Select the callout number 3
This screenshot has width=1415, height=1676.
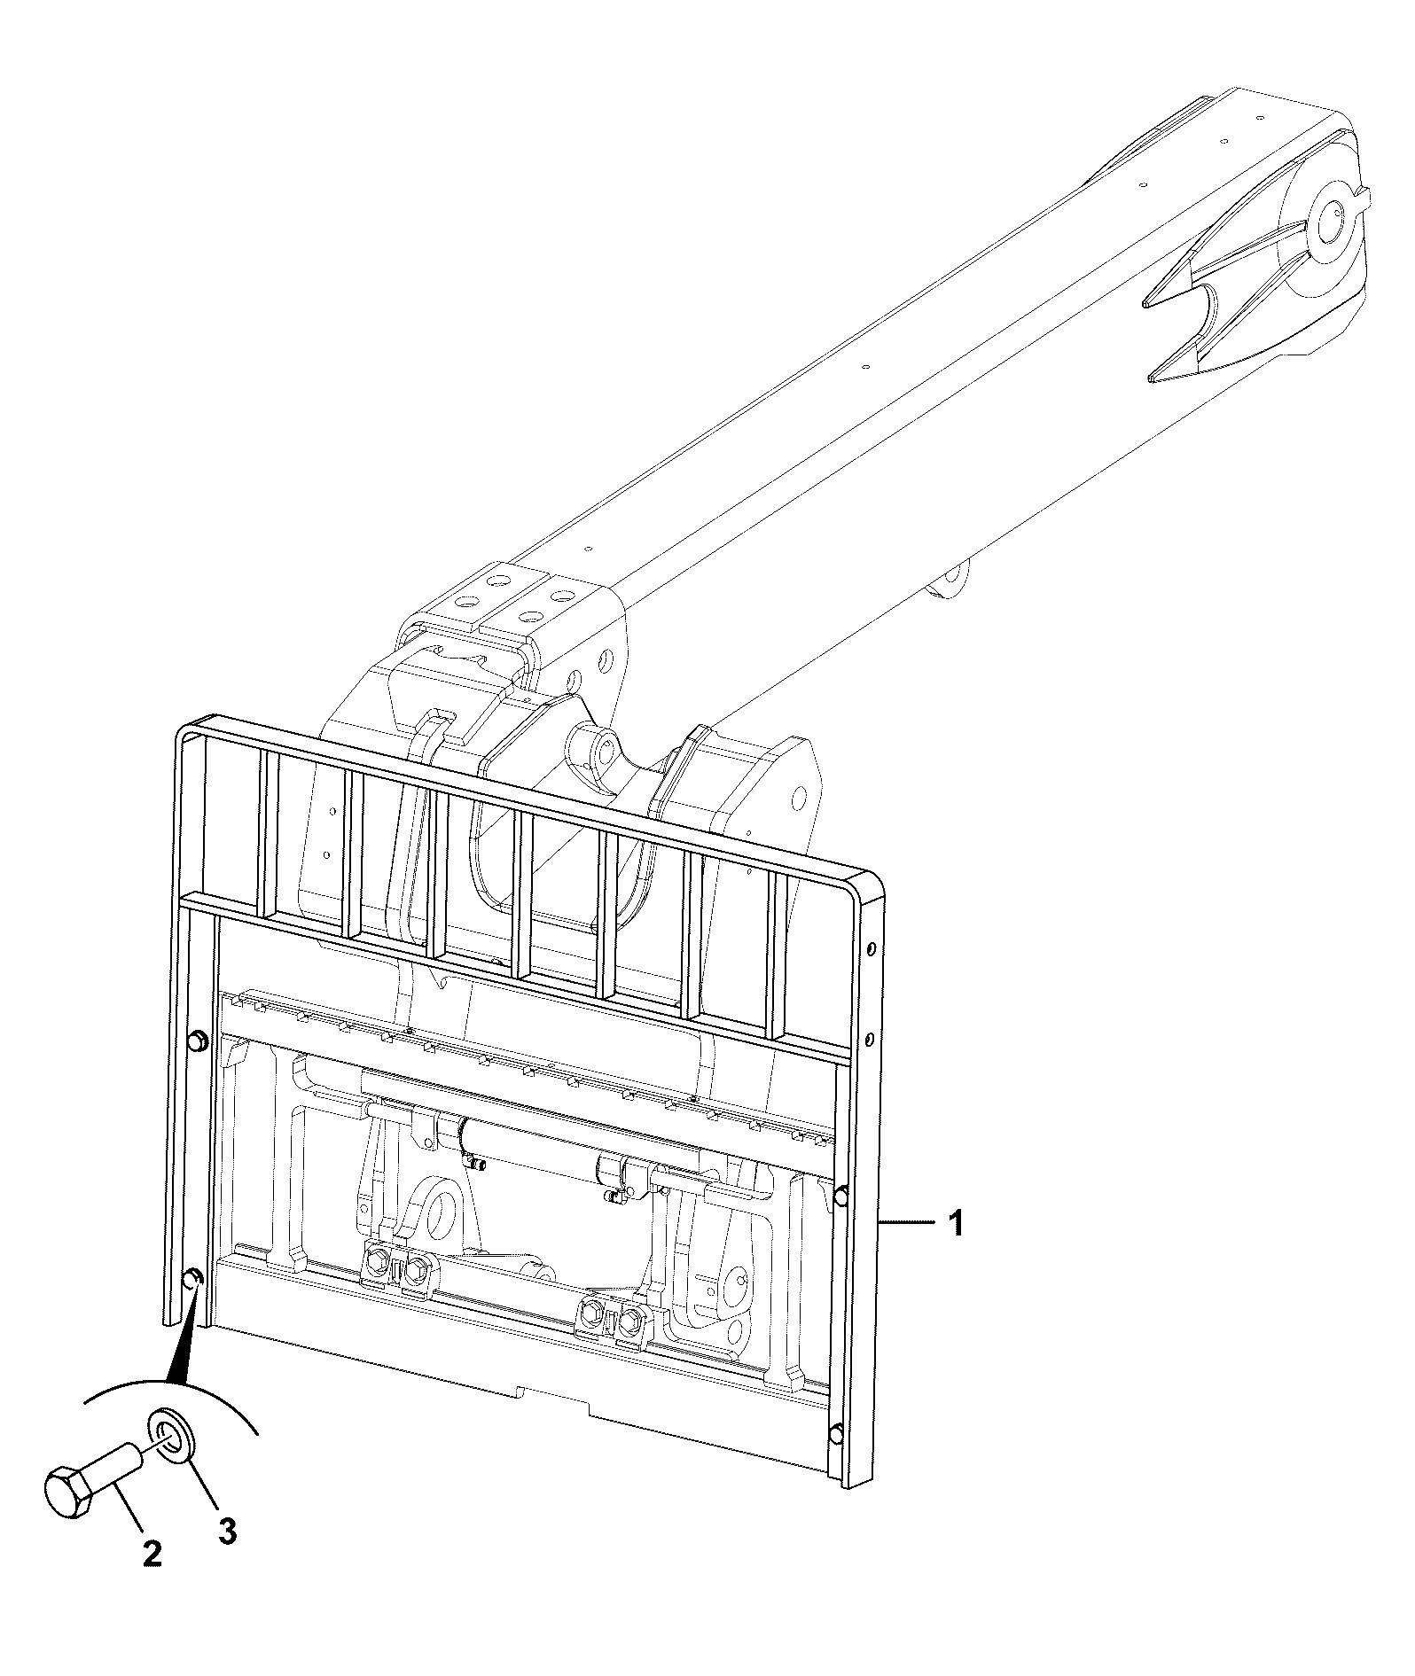pyautogui.click(x=227, y=1530)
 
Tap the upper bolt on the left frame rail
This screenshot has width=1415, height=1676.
pyautogui.click(x=198, y=1042)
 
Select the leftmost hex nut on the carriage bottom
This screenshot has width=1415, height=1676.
pyautogui.click(x=376, y=1261)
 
